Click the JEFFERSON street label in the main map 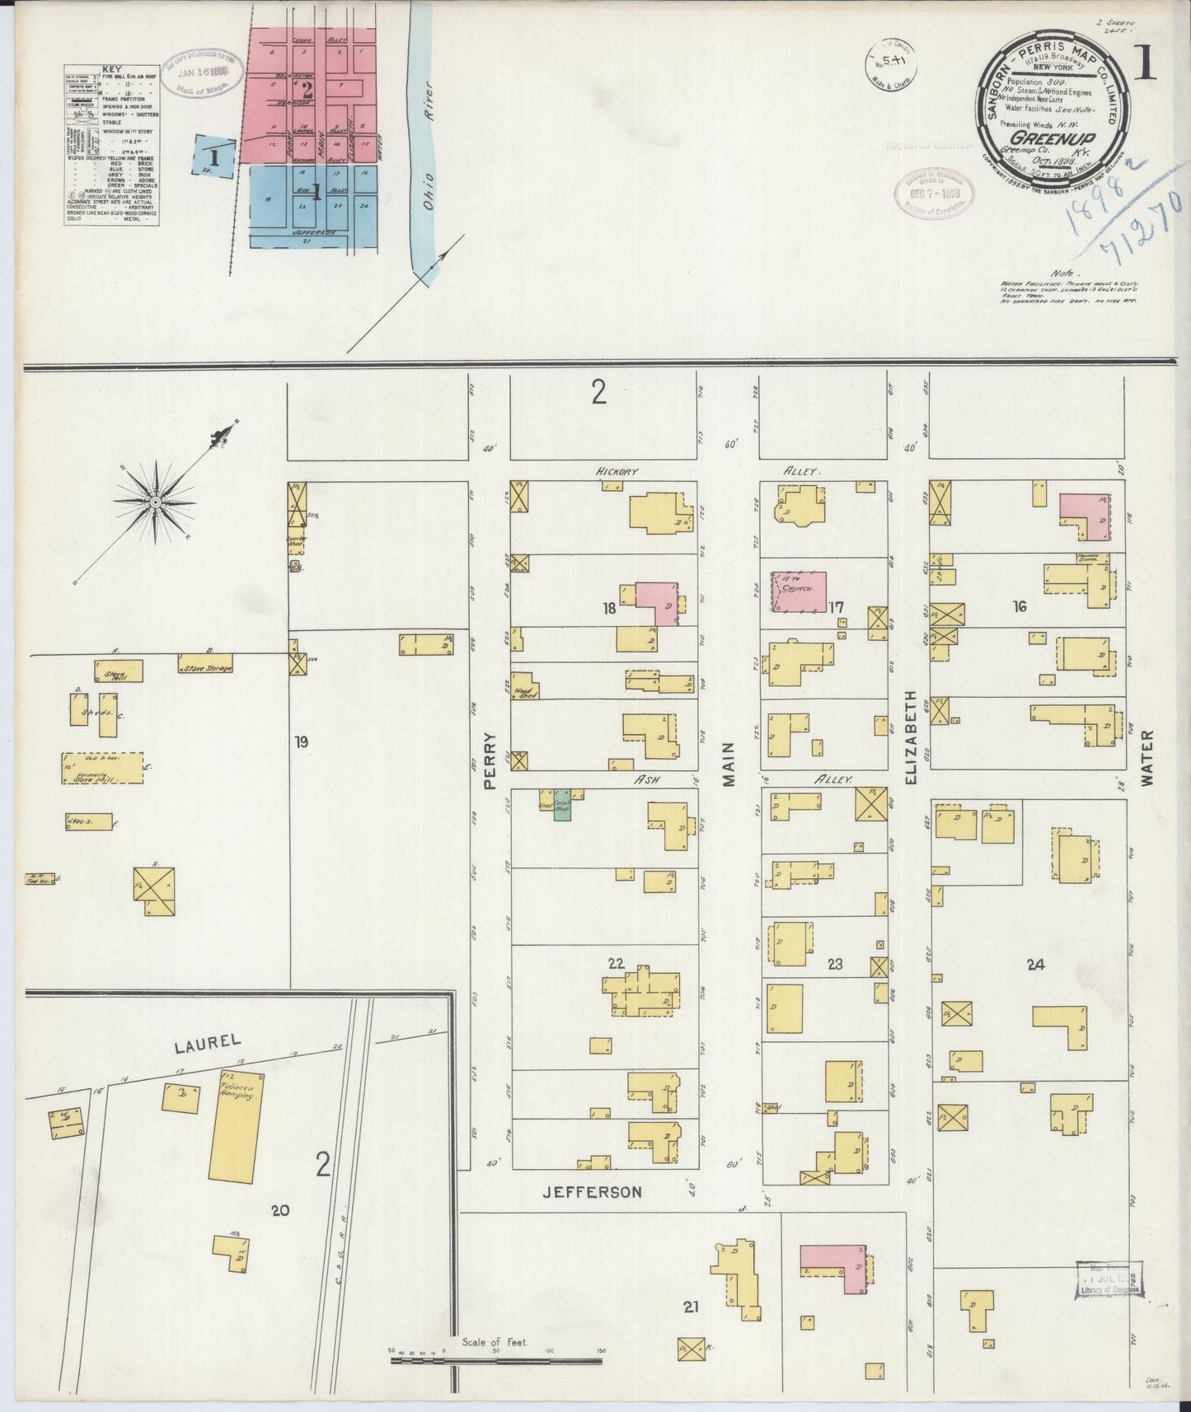coord(592,1192)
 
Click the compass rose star coord(154,500)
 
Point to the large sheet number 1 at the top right coord(1145,63)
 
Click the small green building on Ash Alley coord(562,810)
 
